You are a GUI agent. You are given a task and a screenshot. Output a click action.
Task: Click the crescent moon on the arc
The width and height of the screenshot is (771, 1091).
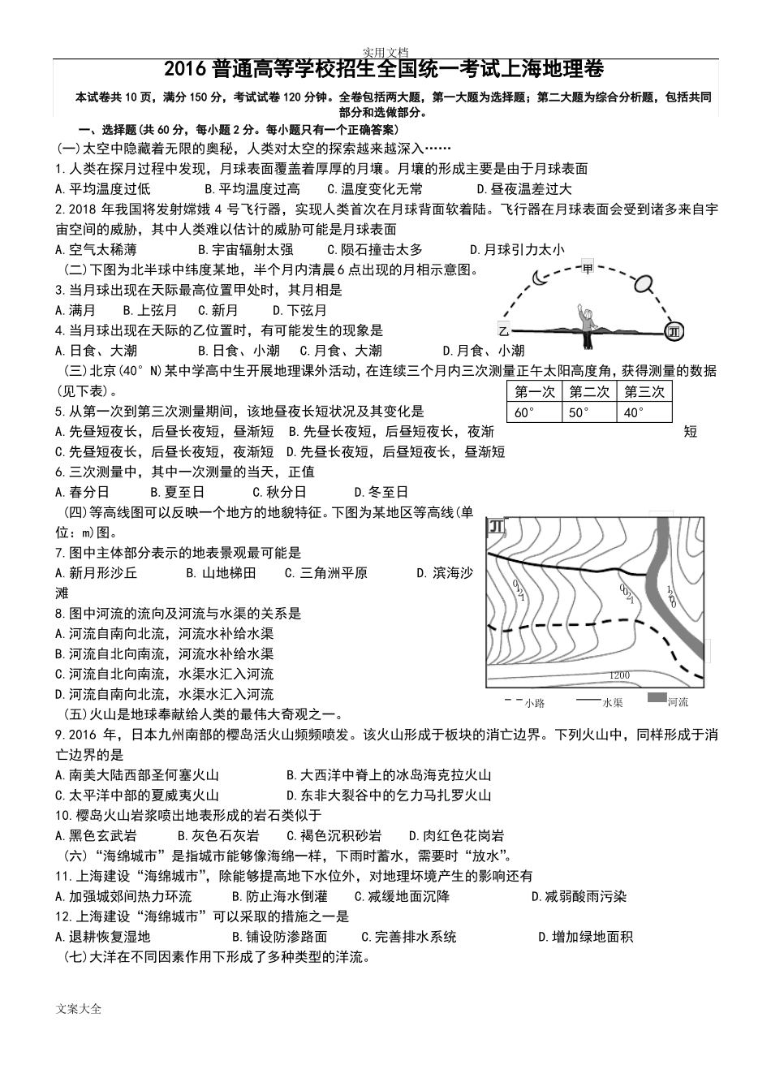coord(541,278)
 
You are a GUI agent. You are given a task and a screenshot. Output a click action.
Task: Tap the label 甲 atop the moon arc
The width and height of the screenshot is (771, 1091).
coord(588,267)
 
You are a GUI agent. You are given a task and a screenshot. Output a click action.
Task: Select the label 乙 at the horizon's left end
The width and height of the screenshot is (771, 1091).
coord(503,330)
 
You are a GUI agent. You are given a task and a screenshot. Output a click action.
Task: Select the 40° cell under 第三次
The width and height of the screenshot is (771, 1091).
coord(644,412)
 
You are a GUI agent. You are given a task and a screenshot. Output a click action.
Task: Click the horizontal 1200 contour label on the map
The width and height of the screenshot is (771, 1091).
coord(618,675)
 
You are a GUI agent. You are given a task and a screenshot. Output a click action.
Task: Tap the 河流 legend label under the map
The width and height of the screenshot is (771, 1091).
coord(678,701)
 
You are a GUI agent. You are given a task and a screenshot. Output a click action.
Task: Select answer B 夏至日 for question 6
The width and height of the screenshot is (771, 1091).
coord(178,492)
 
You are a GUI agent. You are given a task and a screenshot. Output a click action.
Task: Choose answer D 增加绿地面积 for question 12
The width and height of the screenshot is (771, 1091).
coord(586,937)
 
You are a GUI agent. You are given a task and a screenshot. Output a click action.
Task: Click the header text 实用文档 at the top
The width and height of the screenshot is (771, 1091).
coord(385,51)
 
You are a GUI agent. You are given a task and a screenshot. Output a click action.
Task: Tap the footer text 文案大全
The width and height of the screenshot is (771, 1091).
coord(80,1009)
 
